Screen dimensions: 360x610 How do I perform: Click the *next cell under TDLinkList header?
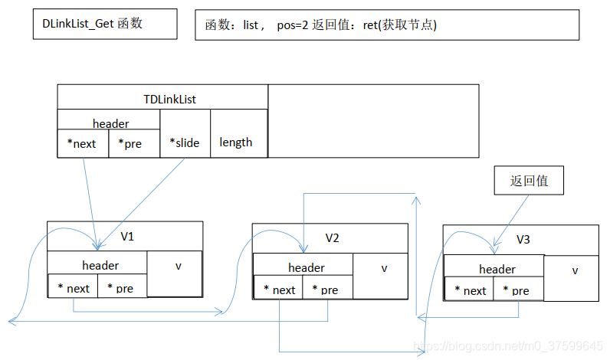[x=83, y=143]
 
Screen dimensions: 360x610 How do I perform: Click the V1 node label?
[x=127, y=237]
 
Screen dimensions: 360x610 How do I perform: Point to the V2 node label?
[x=332, y=238]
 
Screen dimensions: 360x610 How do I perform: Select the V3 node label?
[x=523, y=240]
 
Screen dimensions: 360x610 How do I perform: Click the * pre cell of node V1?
[x=121, y=288]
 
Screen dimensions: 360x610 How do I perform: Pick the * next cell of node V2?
[x=279, y=290]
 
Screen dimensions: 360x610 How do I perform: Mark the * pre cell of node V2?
[x=327, y=290]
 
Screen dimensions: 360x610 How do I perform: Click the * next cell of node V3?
[x=470, y=290]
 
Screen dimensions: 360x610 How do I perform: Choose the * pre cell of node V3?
[x=518, y=290]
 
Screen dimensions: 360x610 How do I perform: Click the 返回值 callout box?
[x=529, y=182]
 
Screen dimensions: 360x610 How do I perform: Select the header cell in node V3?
[x=497, y=269]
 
